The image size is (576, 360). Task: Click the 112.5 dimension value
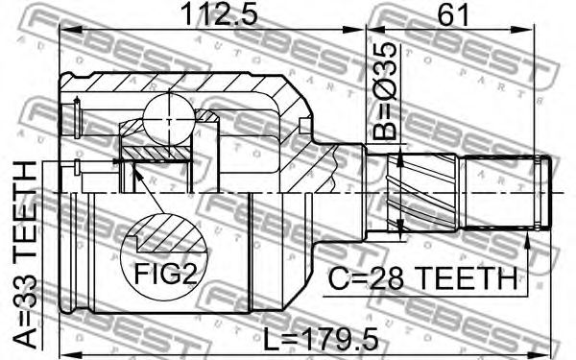tap(219, 14)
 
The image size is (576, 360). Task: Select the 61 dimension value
tap(453, 14)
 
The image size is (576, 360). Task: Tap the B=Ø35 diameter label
tap(385, 91)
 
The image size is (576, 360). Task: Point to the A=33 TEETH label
tap(25, 254)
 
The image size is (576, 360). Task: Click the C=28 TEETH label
tap(422, 278)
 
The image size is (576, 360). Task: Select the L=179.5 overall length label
tap(321, 339)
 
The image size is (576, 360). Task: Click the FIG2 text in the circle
tap(165, 274)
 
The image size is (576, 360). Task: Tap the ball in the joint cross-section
tap(169, 119)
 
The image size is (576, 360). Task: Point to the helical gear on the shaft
tap(422, 193)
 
